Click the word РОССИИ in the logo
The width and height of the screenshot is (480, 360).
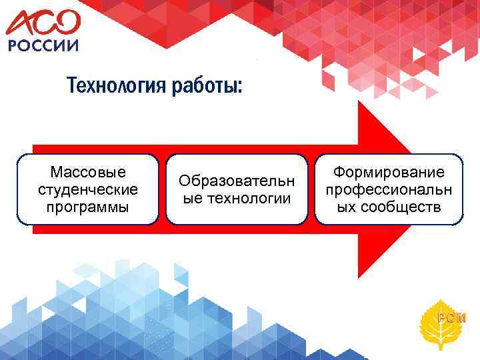(x=43, y=45)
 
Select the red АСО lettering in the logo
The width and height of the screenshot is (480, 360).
(x=43, y=23)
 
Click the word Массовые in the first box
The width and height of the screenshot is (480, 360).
(x=89, y=173)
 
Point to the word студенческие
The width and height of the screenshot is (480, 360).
(x=89, y=189)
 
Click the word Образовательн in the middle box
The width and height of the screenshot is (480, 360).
(x=237, y=181)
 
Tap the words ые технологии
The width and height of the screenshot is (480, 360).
(x=237, y=198)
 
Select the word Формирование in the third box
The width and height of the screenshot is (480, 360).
(x=389, y=173)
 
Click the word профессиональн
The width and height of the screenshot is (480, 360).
(x=389, y=189)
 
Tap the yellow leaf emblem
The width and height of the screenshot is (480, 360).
(x=445, y=319)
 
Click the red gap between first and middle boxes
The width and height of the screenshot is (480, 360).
(x=163, y=190)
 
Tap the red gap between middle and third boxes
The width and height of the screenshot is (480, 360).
(x=311, y=190)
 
